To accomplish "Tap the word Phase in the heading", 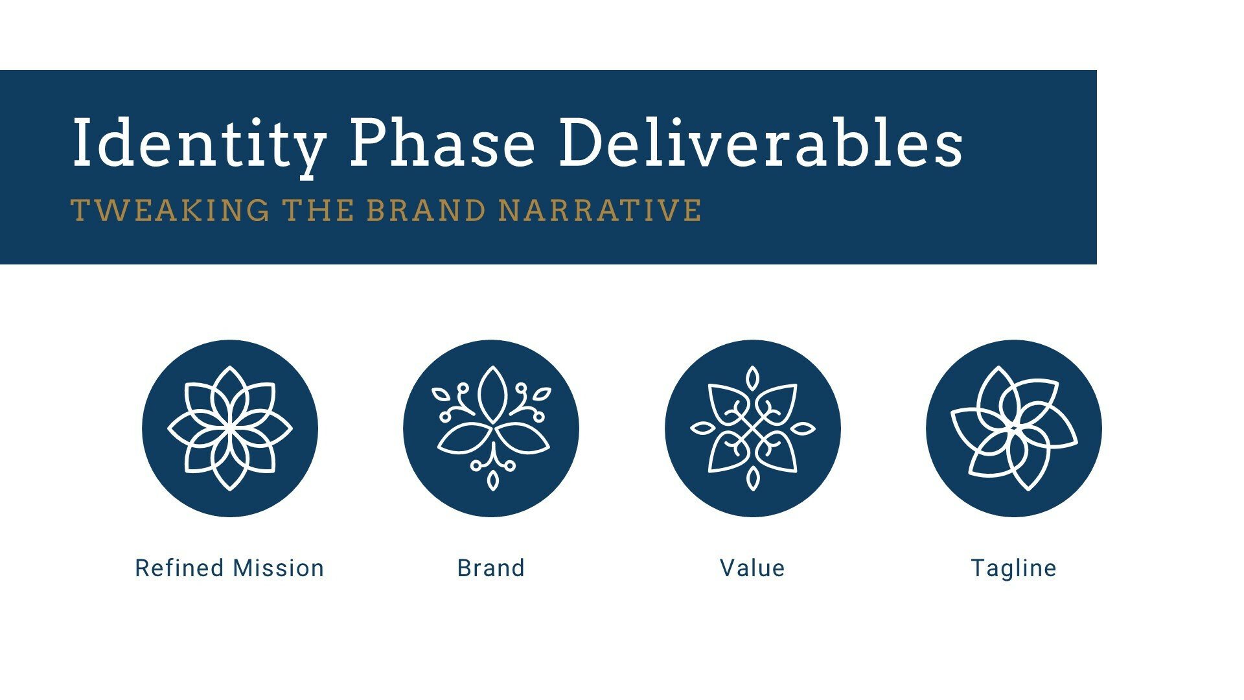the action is point(443,143).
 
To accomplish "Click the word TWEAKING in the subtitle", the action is point(170,211).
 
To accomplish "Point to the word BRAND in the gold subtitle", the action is point(426,211).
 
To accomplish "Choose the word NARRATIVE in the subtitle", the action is point(601,211).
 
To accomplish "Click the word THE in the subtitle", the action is point(318,211).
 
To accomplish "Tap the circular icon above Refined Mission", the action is point(230,428).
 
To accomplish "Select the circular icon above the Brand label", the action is point(491,428).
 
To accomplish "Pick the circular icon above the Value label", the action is point(753,428).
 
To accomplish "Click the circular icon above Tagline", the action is point(1014,428).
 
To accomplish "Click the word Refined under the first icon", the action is point(181,568).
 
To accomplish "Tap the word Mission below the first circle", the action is point(279,568).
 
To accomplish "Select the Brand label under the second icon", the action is point(491,568).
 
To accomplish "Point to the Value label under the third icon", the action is point(752,568).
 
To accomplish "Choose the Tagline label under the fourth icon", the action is point(1014,568).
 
